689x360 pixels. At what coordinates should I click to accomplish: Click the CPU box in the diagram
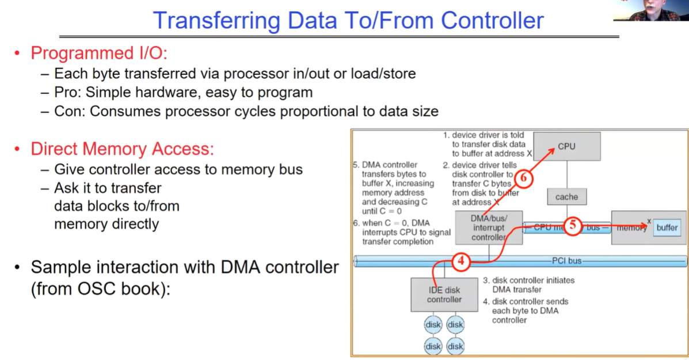[x=566, y=146]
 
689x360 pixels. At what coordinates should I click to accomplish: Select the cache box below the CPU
[x=566, y=197]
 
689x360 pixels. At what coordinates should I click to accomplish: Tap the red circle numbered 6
[x=523, y=179]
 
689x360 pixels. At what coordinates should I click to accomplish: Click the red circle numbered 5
[x=572, y=226]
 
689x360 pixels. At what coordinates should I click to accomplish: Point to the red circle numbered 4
[x=461, y=262]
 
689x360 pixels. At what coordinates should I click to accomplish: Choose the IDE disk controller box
[x=444, y=295]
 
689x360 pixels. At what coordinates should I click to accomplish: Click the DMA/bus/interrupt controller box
[x=489, y=227]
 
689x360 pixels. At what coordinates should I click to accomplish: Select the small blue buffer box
[x=667, y=228]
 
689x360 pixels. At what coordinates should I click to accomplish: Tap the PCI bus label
[x=567, y=261]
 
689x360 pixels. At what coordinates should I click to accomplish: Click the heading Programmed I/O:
[x=98, y=53]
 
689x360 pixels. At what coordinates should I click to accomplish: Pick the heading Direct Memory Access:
[x=122, y=149]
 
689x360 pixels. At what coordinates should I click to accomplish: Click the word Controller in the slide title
[x=493, y=21]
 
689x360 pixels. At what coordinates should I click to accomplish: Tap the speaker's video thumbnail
[x=651, y=10]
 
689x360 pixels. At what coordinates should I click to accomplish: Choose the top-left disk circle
[x=433, y=325]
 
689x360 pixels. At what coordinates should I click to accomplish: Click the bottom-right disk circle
[x=455, y=346]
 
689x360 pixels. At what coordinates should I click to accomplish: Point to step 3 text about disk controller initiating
[x=528, y=285]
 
